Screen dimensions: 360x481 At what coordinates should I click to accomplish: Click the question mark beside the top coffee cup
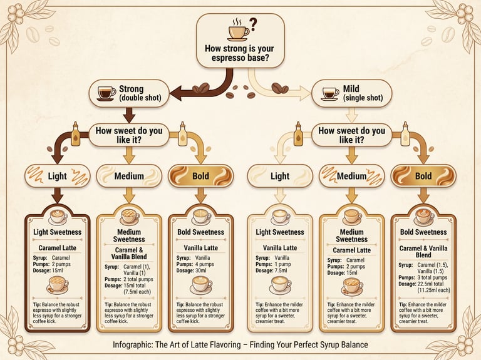tap(253, 25)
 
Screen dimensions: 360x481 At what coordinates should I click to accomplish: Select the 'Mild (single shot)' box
tap(352, 93)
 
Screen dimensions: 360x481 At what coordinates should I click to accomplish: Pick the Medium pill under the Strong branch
tap(129, 176)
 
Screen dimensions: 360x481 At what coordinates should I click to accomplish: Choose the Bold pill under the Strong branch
tap(200, 176)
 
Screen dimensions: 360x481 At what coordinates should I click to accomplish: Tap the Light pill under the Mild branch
tap(280, 176)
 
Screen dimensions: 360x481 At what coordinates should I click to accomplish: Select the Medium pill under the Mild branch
tap(351, 176)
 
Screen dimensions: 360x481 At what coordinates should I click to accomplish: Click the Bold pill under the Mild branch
tap(423, 176)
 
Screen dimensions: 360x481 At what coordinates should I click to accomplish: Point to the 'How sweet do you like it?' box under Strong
tap(129, 135)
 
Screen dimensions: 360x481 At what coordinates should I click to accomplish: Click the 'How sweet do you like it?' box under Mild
tap(351, 135)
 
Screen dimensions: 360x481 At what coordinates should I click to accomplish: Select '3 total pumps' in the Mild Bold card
tap(436, 277)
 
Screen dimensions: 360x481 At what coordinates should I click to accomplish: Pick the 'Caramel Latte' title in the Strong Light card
tap(58, 248)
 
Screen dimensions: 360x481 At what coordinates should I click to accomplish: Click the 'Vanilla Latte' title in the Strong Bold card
tap(200, 248)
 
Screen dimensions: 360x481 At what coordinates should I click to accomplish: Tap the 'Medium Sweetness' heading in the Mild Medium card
tap(351, 235)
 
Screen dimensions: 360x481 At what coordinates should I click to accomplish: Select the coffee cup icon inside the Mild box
tap(329, 93)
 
